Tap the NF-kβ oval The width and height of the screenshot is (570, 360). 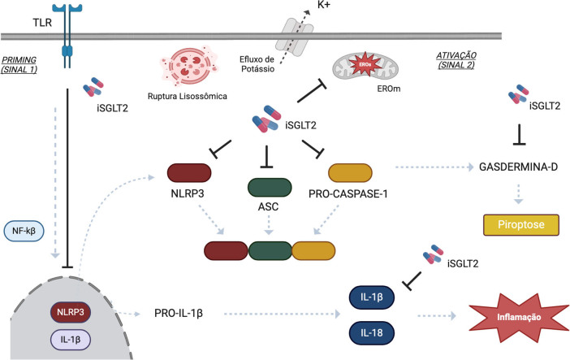point(24,231)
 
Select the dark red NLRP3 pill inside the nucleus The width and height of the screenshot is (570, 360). point(71,312)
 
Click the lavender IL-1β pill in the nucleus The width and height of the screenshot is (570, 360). point(71,340)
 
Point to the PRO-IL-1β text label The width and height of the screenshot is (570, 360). point(179,313)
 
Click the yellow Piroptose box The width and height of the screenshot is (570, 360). point(521,224)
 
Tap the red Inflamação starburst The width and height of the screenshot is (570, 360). point(519,318)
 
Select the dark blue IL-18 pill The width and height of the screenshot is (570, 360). point(372,332)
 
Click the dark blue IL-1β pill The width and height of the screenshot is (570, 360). point(372,297)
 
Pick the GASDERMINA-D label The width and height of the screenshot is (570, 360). point(518,167)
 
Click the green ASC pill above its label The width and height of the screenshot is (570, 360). point(270,188)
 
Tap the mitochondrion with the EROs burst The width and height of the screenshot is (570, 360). point(365,67)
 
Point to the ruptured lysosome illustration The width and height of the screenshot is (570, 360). point(188,66)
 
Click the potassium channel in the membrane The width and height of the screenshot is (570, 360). point(295,37)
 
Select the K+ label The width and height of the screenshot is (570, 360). point(324,6)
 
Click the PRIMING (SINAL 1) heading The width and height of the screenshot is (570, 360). point(19,64)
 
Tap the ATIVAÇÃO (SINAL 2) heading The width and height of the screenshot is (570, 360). point(456,60)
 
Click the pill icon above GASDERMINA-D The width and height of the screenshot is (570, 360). point(518,94)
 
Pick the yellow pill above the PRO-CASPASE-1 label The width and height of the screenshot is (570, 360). point(350,172)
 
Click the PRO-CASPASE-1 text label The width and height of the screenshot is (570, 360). point(348,194)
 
